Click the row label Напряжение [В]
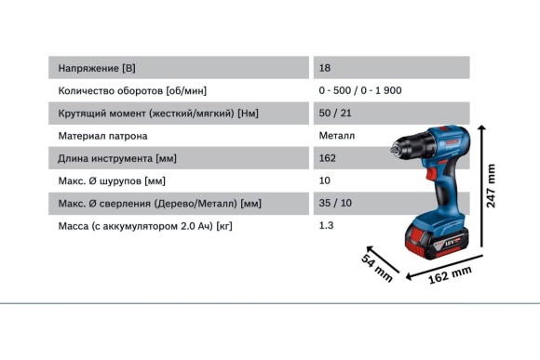point(97,69)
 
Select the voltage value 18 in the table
point(324,69)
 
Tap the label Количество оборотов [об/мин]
point(132,91)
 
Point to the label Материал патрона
point(102,136)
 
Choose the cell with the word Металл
point(336,136)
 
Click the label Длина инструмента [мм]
point(117,158)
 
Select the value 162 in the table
point(327,158)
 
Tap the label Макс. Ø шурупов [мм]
point(112,180)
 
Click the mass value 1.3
point(325,225)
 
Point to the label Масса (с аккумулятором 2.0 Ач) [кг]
point(145,225)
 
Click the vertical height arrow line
point(481,187)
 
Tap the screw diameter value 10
point(324,180)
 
